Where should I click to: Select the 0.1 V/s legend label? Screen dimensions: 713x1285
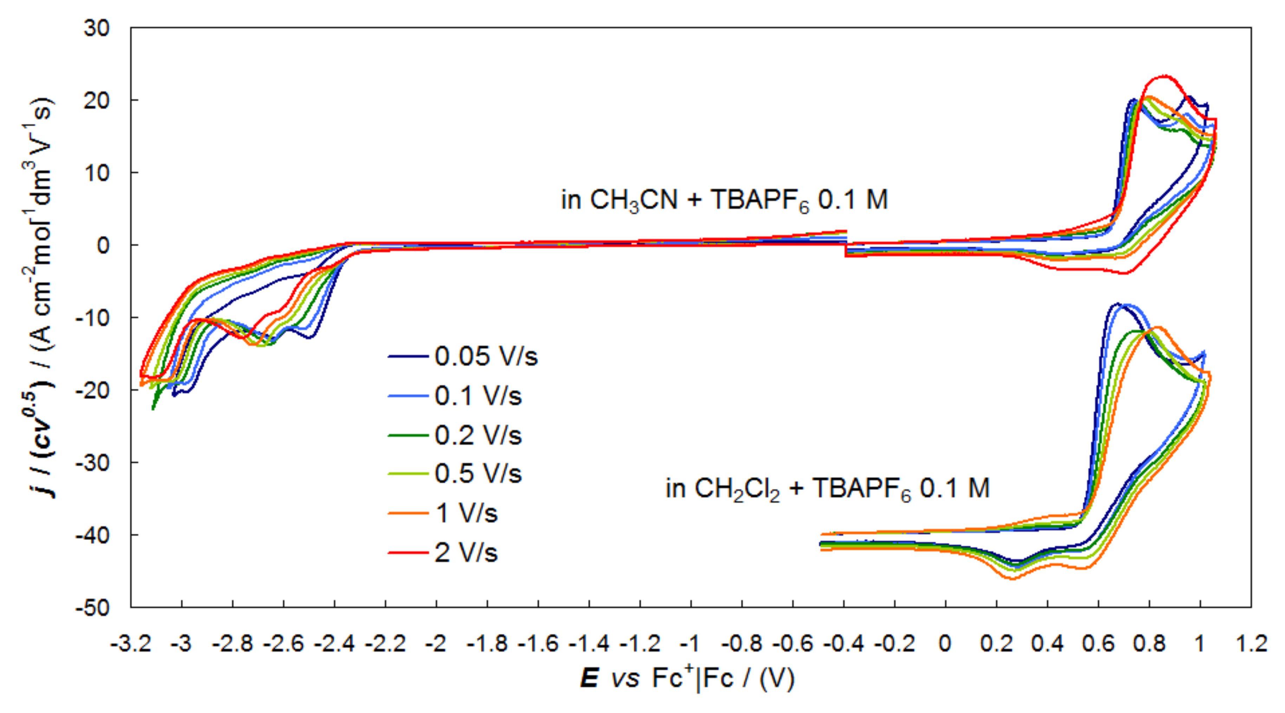pos(478,396)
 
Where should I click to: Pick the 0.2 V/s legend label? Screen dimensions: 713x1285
pos(478,435)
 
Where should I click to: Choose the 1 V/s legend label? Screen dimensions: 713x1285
pos(466,513)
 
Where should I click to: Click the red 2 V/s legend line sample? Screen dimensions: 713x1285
pos(408,552)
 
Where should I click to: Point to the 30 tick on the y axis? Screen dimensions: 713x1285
pos(96,28)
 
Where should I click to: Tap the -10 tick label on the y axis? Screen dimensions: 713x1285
pos(92,318)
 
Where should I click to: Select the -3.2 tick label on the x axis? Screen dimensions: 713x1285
pos(131,644)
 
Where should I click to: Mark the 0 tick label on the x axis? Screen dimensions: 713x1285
pos(945,644)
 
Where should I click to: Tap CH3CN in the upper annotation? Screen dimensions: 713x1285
pos(633,200)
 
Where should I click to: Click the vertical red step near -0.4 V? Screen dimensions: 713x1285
pos(846,250)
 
